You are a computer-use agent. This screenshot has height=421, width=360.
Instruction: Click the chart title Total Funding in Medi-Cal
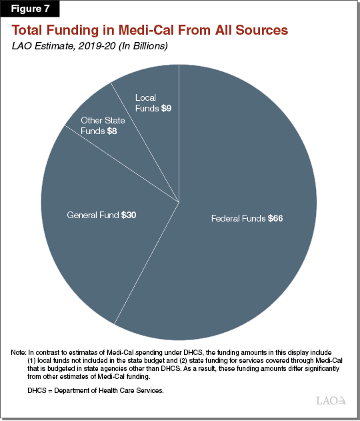(x=149, y=31)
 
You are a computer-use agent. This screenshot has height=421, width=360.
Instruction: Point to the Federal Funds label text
(x=238, y=219)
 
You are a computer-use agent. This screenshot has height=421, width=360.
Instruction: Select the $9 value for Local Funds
(x=167, y=109)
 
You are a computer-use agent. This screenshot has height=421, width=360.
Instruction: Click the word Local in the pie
(x=145, y=98)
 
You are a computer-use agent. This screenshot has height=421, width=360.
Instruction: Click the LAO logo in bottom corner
(x=331, y=400)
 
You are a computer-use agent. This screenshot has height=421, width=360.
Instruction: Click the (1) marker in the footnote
(x=33, y=360)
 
